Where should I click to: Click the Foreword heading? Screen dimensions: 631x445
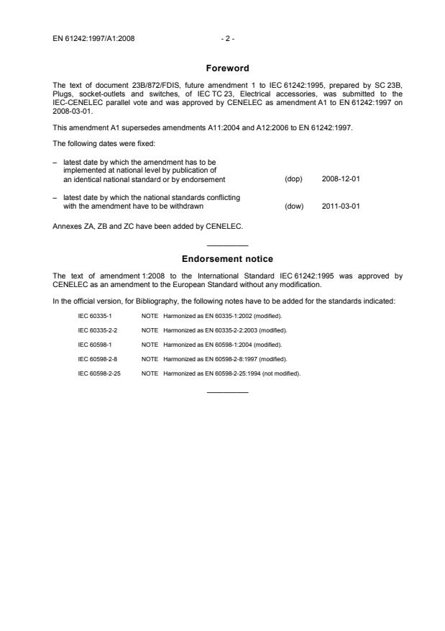click(x=227, y=68)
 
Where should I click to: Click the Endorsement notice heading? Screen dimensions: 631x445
click(x=227, y=258)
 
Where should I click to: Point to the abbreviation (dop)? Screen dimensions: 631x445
click(x=293, y=179)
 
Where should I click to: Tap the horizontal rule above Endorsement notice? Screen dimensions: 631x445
click(x=227, y=246)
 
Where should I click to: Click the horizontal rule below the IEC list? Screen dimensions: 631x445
click(x=227, y=392)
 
